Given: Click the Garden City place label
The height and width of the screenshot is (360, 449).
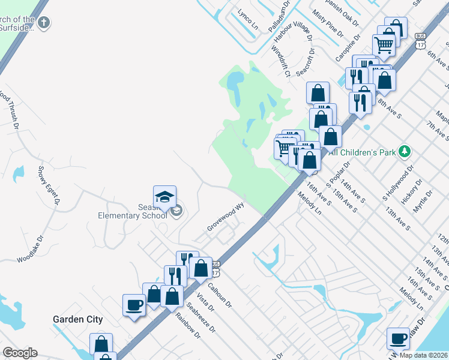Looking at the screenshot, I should point(77,320).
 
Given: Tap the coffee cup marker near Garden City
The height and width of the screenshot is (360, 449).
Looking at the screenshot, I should point(134,305).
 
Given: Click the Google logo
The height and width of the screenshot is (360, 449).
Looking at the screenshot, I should point(20,353).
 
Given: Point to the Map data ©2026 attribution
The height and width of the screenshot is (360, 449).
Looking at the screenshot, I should point(423,355).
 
